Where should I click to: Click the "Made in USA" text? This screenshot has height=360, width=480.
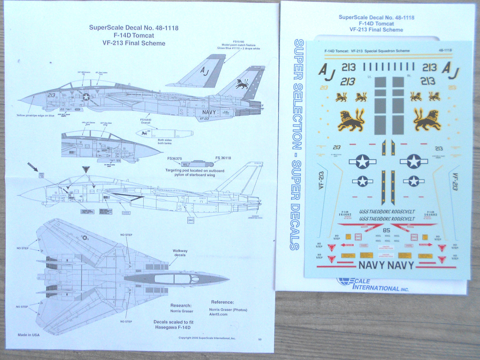coord(28,334)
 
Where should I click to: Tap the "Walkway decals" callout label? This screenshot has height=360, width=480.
coord(180,253)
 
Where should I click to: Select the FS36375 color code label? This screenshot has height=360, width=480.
coord(175,158)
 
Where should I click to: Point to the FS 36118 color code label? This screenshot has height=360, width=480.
coord(223,158)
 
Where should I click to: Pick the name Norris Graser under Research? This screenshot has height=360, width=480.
coord(182,311)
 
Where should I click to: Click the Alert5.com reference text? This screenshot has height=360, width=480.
coord(218,314)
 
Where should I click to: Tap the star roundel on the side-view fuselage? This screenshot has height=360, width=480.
coord(86,97)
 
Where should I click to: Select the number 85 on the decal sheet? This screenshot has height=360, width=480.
coord(387,230)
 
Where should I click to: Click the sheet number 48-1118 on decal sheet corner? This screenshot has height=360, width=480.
coord(445,51)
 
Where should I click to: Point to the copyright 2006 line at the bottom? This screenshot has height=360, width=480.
coord(207,338)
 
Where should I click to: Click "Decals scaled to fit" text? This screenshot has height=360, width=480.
coord(173,322)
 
